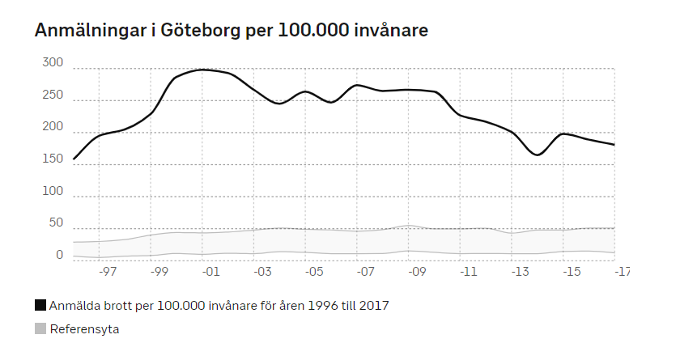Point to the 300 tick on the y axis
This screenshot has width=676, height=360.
pyautogui.click(x=53, y=63)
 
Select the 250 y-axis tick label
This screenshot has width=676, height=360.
pyautogui.click(x=53, y=95)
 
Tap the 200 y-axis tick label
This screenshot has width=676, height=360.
pyautogui.click(x=53, y=127)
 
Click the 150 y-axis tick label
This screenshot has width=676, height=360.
pyautogui.click(x=53, y=159)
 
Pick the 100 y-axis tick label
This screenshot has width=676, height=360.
pyautogui.click(x=53, y=191)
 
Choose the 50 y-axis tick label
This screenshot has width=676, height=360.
pyautogui.click(x=56, y=223)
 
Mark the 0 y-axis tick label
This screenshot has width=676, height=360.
pyautogui.click(x=59, y=255)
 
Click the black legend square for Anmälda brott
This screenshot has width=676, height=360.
pyautogui.click(x=40, y=306)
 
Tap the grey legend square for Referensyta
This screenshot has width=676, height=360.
pyautogui.click(x=40, y=328)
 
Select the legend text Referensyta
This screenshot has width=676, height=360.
pyautogui.click(x=84, y=329)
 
